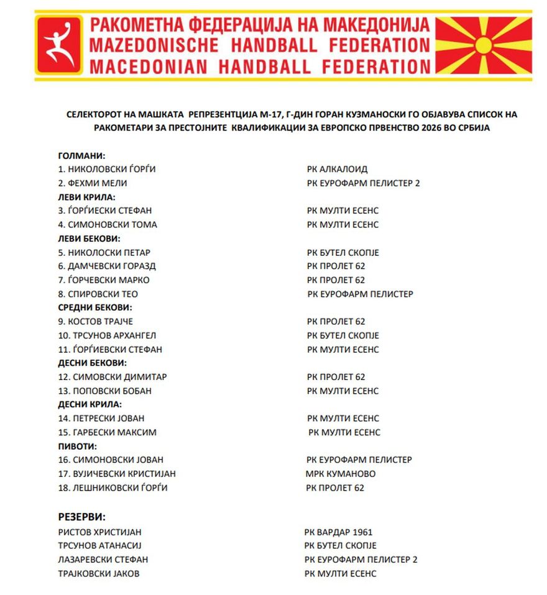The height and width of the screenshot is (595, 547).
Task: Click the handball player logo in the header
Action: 59,45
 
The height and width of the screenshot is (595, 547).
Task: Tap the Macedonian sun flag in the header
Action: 484,45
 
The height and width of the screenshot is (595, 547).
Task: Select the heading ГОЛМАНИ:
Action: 81,155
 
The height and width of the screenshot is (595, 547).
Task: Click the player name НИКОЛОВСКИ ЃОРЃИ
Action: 106,169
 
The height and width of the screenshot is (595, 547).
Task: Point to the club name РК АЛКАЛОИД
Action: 337,169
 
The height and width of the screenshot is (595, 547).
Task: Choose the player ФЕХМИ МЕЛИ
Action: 93,183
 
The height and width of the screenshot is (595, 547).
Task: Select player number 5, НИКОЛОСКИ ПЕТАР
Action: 104,253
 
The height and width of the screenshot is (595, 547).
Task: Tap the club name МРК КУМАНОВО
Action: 341,474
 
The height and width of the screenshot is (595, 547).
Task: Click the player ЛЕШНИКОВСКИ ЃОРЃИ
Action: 113,488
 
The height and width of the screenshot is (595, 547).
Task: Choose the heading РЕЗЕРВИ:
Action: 81,517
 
